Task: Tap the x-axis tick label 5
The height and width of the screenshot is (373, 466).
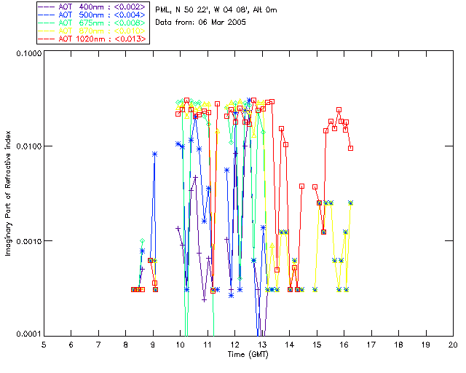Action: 44,344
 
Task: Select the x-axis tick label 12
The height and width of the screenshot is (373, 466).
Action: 234,344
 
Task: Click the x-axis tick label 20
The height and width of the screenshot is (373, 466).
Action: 453,344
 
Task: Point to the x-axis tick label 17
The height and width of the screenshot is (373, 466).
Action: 371,344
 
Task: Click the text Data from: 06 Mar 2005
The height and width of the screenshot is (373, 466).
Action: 201,23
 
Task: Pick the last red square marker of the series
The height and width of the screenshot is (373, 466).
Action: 351,148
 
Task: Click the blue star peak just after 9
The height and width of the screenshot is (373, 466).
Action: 155,154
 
